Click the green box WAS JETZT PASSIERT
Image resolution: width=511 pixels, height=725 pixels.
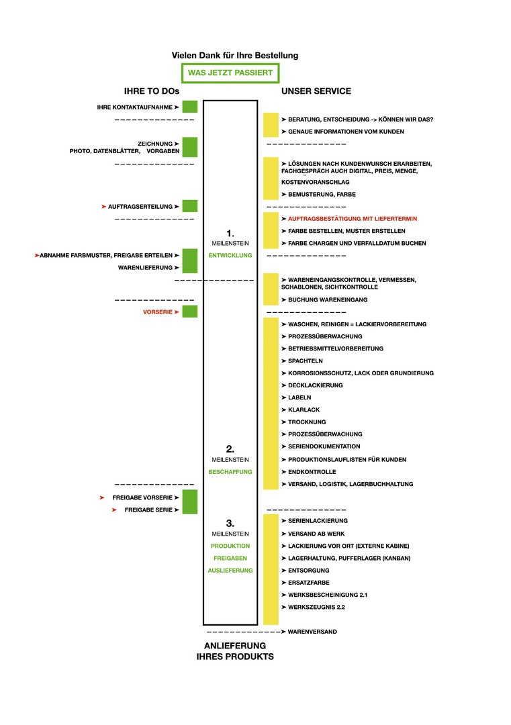tap(230, 72)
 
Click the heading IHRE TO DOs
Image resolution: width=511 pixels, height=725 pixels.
tap(152, 91)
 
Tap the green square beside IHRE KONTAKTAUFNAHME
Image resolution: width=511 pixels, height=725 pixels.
tap(190, 107)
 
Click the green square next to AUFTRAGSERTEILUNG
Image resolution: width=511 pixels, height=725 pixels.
tap(190, 207)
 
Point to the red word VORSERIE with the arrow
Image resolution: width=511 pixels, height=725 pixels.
tap(159, 312)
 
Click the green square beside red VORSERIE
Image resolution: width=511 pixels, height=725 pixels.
tap(190, 311)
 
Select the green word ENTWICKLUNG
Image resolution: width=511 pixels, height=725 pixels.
tap(230, 255)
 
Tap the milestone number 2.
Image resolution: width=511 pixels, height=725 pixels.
tap(230, 448)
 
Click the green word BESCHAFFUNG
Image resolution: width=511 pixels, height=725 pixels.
tap(230, 472)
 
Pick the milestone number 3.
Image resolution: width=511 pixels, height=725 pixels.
tap(230, 523)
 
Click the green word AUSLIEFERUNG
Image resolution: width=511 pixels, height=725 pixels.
tap(230, 570)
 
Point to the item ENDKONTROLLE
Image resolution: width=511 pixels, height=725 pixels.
tap(312, 472)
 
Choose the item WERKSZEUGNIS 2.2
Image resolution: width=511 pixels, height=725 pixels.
tap(317, 607)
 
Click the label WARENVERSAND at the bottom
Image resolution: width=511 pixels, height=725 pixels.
tap(312, 632)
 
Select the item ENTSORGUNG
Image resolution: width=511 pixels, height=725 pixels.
tap(309, 570)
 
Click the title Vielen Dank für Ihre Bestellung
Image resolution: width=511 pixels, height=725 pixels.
tap(235, 55)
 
